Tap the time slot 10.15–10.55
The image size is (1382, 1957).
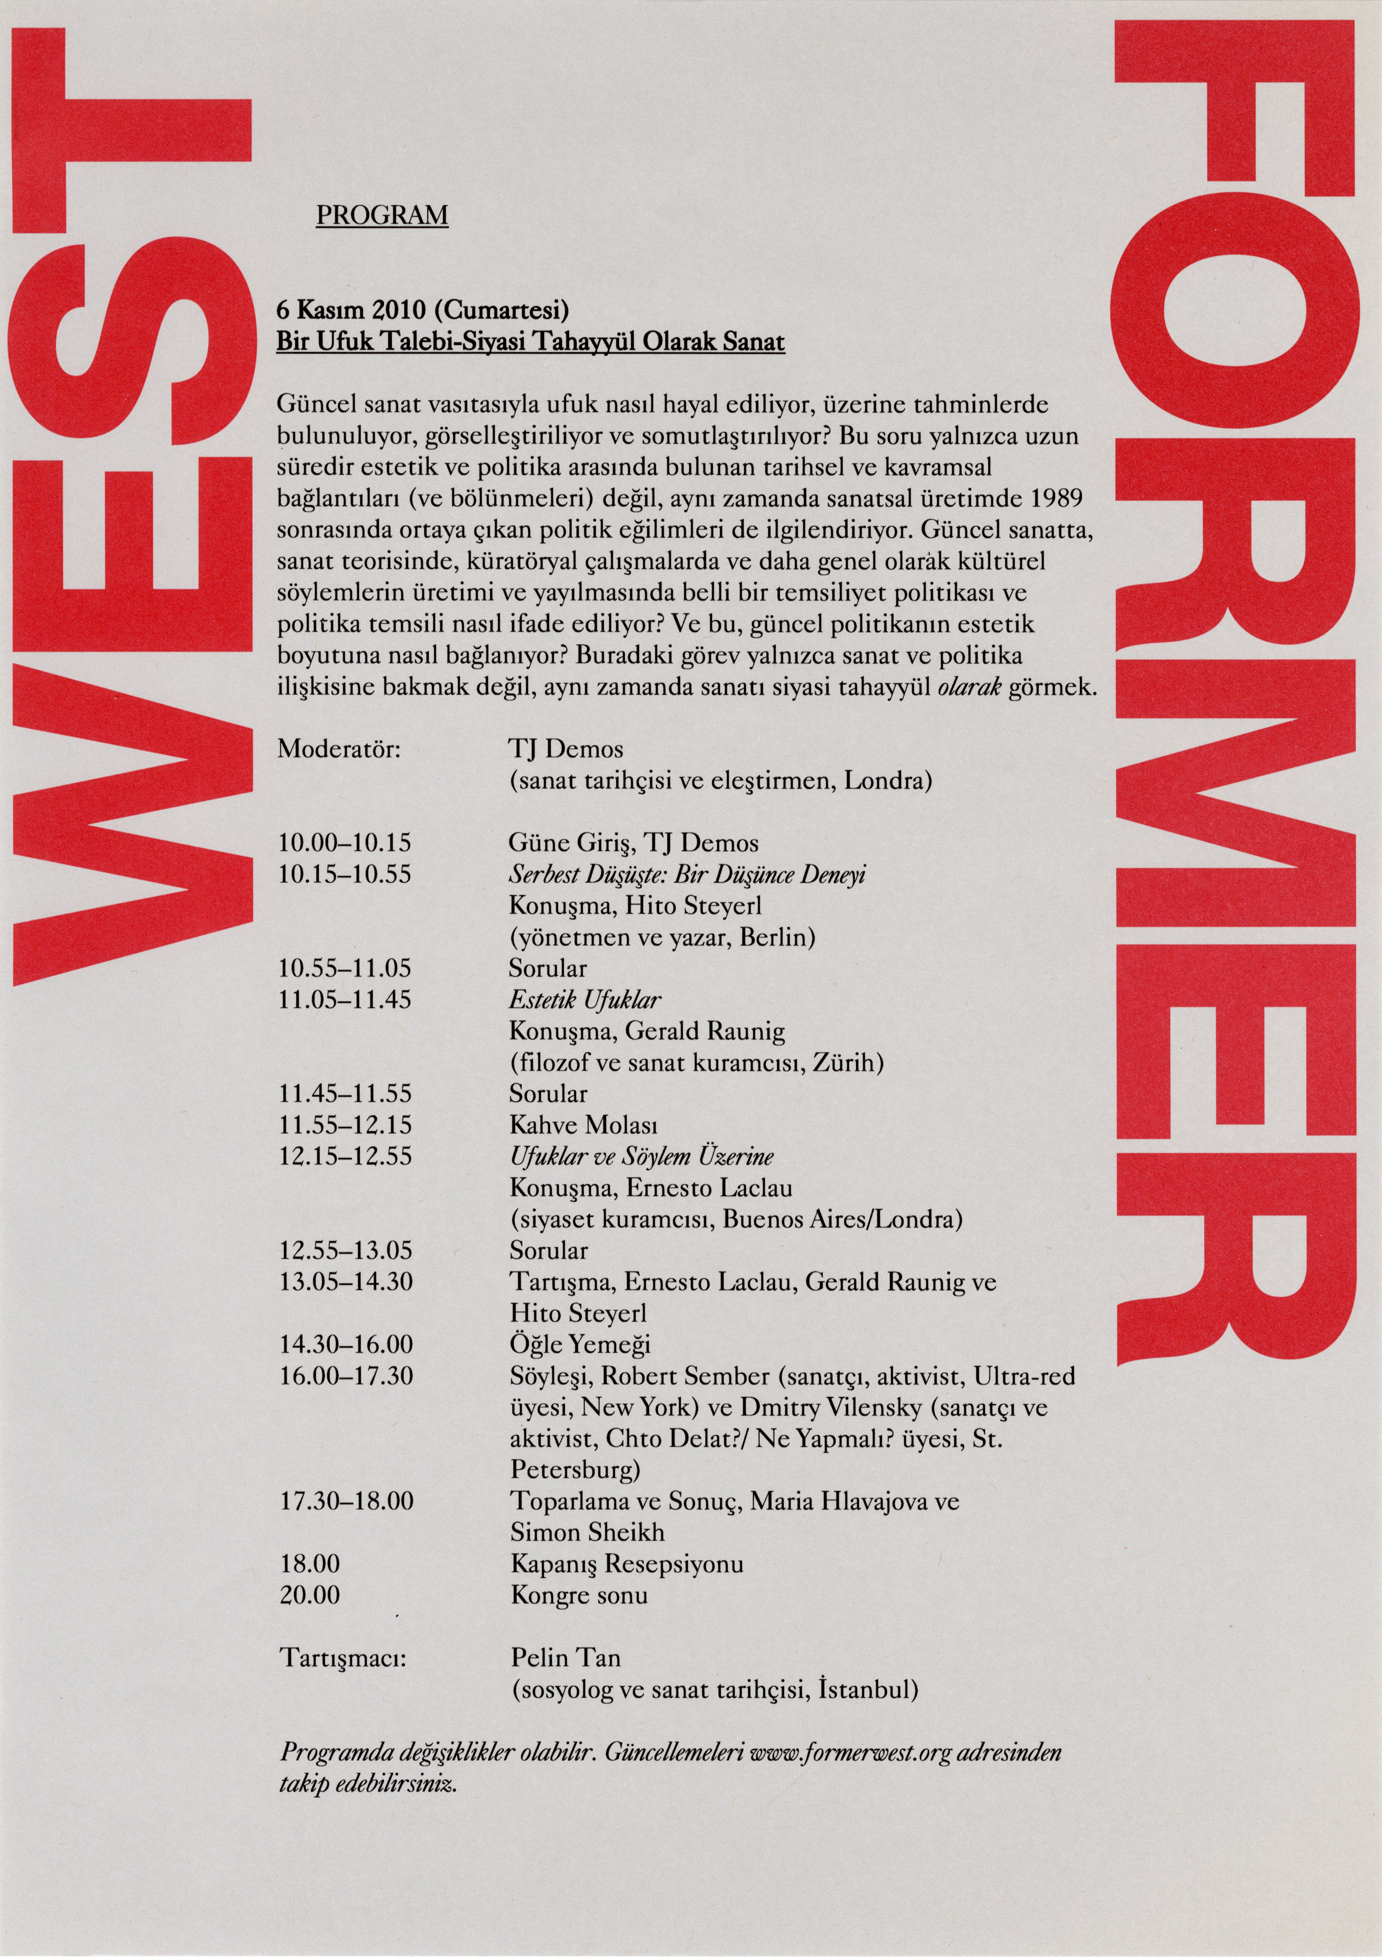(x=345, y=875)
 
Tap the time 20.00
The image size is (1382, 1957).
(x=309, y=1596)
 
